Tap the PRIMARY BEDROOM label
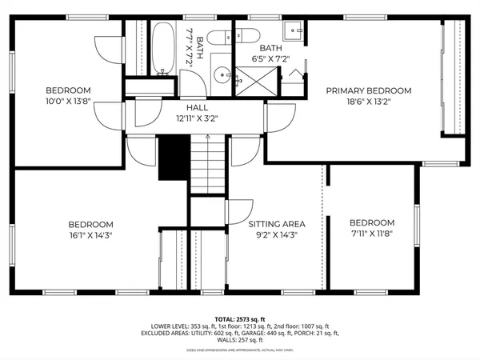pos(368,90)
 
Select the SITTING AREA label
pos(274,224)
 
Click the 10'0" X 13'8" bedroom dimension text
pos(68,102)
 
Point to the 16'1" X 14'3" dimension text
pos(90,237)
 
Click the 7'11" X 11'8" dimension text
pos(372,234)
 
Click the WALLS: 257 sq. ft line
pos(239,342)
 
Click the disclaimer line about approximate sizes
pos(239,350)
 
